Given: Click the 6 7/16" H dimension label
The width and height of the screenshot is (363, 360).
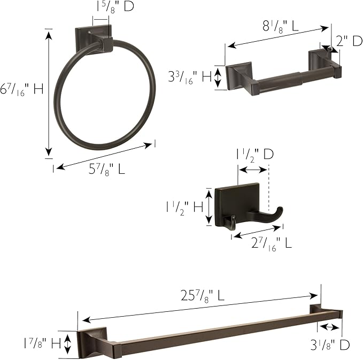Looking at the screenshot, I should (22, 89).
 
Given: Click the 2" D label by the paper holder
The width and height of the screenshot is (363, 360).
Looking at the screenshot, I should (349, 40).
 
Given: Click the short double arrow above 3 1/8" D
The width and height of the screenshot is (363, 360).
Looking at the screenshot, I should (329, 327).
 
